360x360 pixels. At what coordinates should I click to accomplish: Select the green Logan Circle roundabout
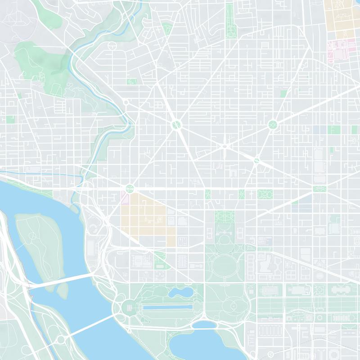click(272, 124)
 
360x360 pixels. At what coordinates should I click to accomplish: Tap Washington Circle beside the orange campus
click(130, 188)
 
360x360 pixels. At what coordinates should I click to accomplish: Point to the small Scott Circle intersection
click(225, 145)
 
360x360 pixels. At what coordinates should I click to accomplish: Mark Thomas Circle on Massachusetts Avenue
click(256, 160)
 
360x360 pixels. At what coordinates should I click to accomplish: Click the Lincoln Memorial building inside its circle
click(128, 308)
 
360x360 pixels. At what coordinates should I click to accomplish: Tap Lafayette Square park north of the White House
click(224, 216)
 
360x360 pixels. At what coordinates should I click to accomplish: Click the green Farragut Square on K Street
click(207, 194)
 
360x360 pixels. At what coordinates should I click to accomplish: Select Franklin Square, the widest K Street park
click(265, 194)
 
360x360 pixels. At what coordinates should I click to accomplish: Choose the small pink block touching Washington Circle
click(125, 197)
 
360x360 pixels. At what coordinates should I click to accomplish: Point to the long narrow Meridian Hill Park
click(230, 20)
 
